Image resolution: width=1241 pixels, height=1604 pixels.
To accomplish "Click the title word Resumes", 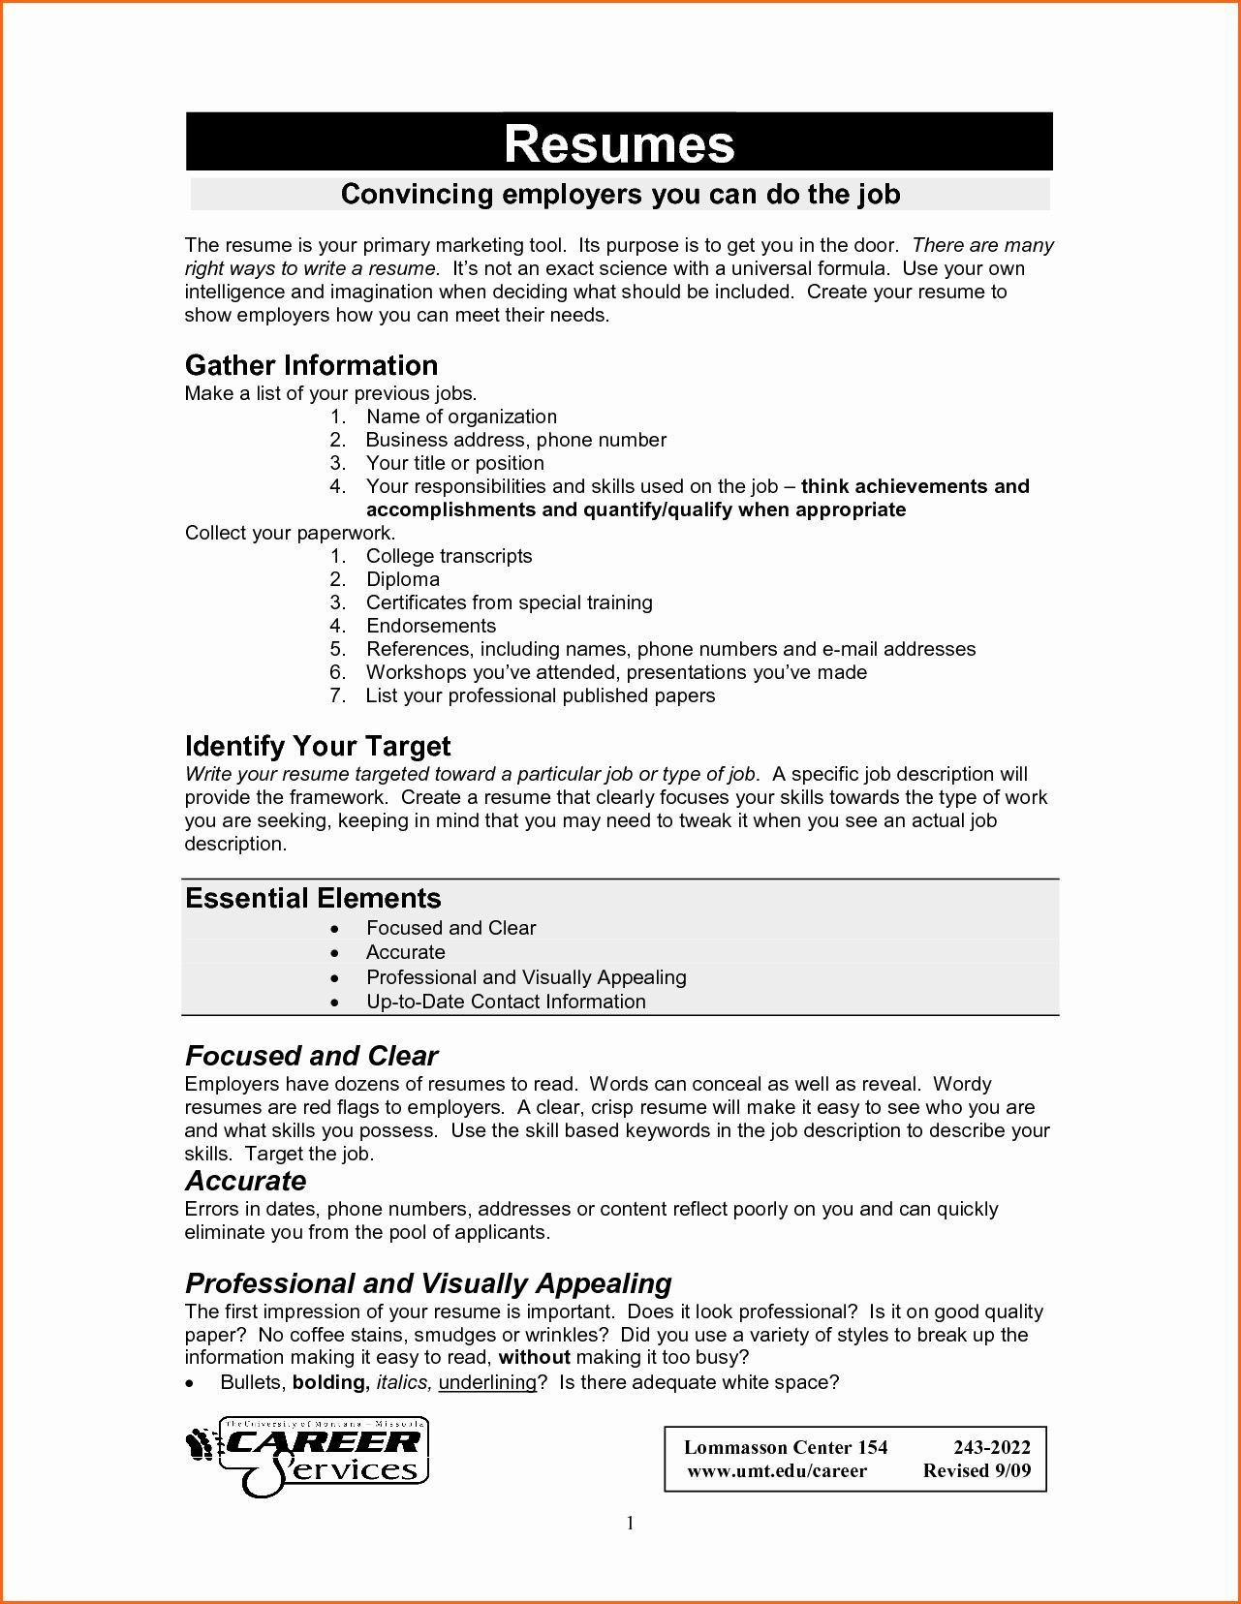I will point(619,143).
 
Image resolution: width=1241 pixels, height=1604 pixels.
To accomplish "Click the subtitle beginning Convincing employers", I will point(620,194).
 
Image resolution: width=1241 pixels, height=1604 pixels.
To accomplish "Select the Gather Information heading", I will point(311,365).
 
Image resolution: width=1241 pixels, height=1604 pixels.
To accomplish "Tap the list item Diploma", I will point(402,579).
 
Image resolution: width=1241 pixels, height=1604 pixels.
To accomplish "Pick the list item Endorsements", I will point(430,626).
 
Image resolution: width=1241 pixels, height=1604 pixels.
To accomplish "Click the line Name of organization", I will point(460,416).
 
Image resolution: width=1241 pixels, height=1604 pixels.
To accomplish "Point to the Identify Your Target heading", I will point(318,746).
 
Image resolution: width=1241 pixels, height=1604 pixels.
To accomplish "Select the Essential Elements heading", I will point(313,898).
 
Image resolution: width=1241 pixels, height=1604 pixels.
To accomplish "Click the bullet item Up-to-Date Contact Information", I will point(505,1002).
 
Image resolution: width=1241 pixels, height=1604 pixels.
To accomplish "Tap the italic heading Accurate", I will point(245,1181).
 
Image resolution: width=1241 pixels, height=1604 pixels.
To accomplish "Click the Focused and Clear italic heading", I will point(311,1056).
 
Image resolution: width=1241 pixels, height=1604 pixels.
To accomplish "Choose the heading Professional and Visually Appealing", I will point(428,1283).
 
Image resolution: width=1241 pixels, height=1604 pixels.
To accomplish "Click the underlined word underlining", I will point(486,1382).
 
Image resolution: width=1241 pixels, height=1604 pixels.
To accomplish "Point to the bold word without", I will point(534,1358).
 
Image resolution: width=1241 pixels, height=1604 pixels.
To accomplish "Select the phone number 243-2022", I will point(992,1448).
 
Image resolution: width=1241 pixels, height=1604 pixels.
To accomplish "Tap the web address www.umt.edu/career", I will point(777,1471).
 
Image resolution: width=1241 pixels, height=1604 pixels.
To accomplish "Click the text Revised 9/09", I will point(977,1471).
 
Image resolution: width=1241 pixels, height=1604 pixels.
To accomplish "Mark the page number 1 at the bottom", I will point(630,1524).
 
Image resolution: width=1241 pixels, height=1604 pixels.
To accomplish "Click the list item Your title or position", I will point(454,463).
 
